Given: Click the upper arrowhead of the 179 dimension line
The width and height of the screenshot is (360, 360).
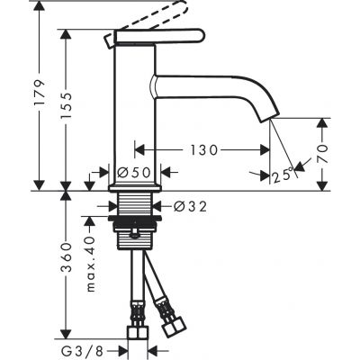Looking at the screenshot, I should [41, 8].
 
